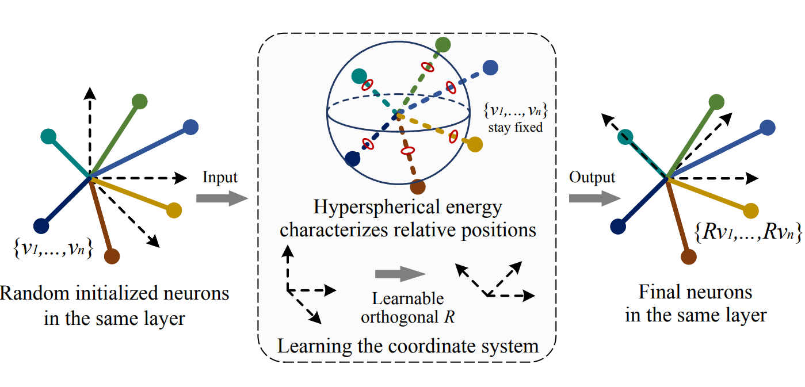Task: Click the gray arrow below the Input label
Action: tap(221, 199)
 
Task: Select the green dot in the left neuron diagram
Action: tap(139, 102)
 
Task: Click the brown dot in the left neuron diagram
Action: tap(112, 256)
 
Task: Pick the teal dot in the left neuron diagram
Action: tap(49, 137)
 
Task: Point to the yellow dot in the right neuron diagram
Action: tap(749, 210)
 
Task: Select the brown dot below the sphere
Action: tap(418, 187)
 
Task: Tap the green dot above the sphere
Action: tap(442, 44)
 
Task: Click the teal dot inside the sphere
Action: tap(358, 76)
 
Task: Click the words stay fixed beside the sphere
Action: tap(515, 128)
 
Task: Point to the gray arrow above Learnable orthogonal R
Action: tap(400, 275)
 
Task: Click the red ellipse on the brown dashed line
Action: tap(407, 151)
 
